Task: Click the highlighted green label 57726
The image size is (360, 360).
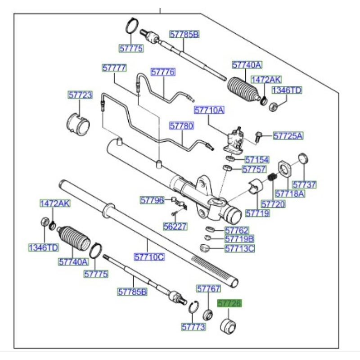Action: (x=229, y=304)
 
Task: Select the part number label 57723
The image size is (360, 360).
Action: (x=80, y=95)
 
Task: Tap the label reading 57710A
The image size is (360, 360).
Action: (x=209, y=110)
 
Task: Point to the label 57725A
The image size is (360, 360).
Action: (x=288, y=135)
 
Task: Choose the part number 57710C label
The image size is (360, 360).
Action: (x=149, y=257)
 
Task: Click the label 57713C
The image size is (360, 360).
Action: (x=239, y=247)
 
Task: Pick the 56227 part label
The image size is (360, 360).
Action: (x=175, y=227)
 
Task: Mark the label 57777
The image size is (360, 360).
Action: (x=114, y=68)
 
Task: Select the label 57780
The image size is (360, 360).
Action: (x=181, y=126)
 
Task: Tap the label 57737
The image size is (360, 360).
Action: (x=304, y=184)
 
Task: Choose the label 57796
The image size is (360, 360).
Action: (x=152, y=200)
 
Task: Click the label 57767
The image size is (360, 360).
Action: (x=208, y=288)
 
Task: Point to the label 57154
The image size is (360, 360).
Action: (x=256, y=160)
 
